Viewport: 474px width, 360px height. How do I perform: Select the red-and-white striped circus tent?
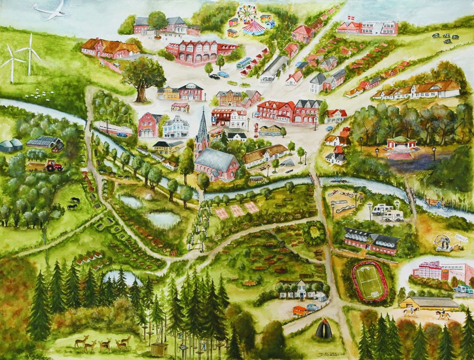tap(254, 27)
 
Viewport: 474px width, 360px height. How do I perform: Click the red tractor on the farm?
tap(54, 165)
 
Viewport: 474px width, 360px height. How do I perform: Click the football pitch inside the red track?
tap(370, 282)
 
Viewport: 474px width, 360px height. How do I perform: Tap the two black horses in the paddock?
tap(73, 204)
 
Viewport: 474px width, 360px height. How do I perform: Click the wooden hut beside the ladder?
tap(159, 349)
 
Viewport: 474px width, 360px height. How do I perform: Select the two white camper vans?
tap(388, 212)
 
